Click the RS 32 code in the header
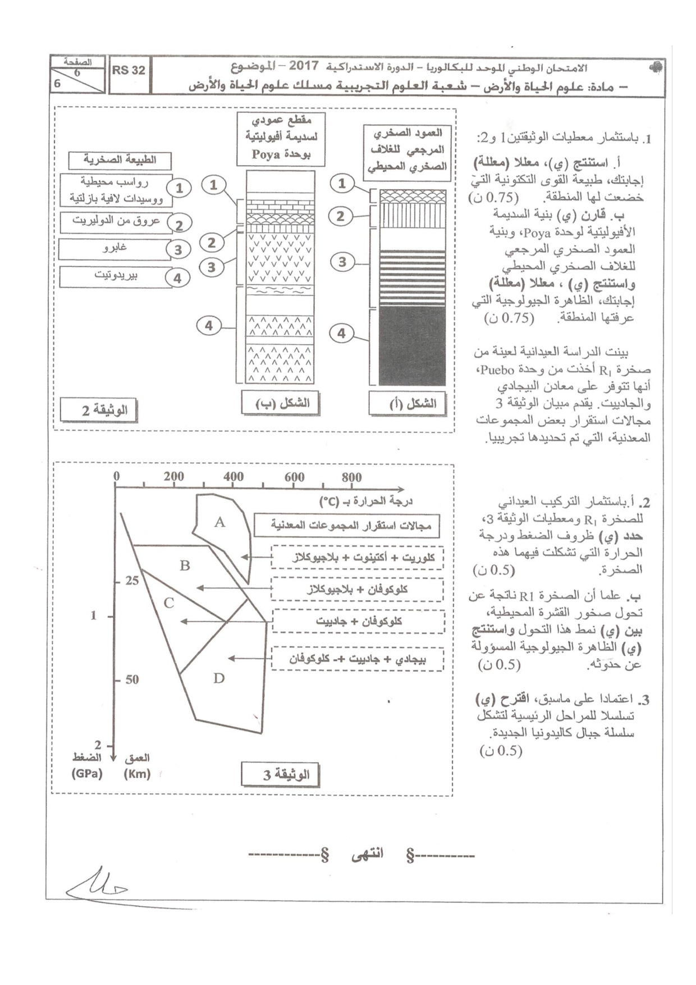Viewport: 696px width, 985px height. point(129,70)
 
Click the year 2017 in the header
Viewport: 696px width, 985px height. point(304,66)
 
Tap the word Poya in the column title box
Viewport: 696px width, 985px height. point(266,154)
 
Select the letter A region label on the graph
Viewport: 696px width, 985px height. point(219,522)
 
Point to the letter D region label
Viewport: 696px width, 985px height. point(219,678)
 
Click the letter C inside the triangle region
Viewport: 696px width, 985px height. point(168,604)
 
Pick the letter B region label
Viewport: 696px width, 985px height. point(185,565)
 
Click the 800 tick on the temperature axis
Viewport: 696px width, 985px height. point(352,477)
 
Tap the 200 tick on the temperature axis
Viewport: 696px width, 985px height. point(174,477)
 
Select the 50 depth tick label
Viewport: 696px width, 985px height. point(132,680)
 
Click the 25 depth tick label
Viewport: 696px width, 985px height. point(132,581)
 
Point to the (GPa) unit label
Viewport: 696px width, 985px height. point(87,773)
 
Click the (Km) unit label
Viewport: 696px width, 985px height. point(137,773)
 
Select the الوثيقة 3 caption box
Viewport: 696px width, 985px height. point(280,775)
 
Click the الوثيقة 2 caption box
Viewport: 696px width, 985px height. point(99,411)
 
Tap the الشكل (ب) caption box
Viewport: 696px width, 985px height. point(280,403)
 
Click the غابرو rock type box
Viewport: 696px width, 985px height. point(115,248)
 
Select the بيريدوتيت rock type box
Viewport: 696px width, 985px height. point(116,276)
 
